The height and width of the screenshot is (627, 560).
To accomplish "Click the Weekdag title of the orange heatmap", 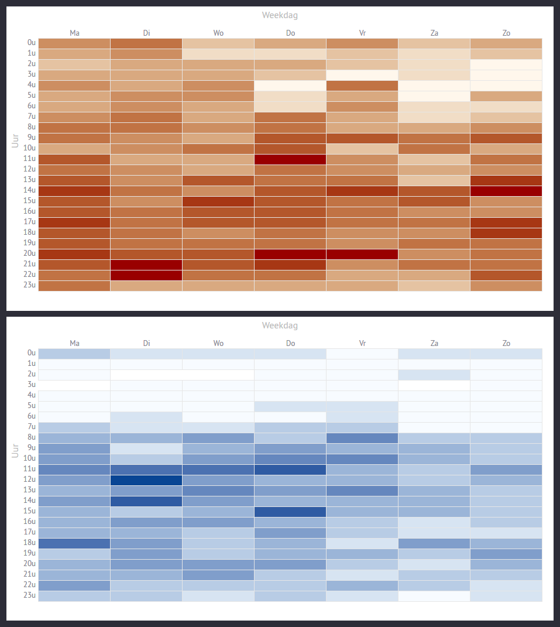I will point(280,15).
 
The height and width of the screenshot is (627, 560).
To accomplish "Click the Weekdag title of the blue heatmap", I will point(280,326).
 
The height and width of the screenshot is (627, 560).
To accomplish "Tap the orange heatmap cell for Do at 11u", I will point(290,159).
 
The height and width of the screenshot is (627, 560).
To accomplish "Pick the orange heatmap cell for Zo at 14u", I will point(506,191).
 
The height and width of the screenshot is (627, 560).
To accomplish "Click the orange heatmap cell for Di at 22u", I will point(146,275).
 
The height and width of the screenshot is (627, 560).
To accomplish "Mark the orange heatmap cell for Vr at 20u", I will point(362,254).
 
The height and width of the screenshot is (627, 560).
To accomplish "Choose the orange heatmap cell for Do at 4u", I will point(290,85).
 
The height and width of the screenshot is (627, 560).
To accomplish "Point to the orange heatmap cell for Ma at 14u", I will point(74,191).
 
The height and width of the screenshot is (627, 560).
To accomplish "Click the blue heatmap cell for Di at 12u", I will point(146,480).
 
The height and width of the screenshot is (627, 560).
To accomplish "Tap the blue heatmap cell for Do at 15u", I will point(290,512).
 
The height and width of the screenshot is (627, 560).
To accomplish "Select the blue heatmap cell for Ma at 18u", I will point(74,543).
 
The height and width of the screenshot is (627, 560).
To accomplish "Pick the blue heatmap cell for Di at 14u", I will point(146,501).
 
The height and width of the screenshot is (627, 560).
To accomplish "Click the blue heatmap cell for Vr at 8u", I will point(362,438).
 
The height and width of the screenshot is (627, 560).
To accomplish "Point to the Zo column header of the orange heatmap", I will point(506,33).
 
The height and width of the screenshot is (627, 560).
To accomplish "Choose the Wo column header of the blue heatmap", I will point(218,343).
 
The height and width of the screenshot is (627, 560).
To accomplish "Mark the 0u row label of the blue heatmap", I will point(31,354).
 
